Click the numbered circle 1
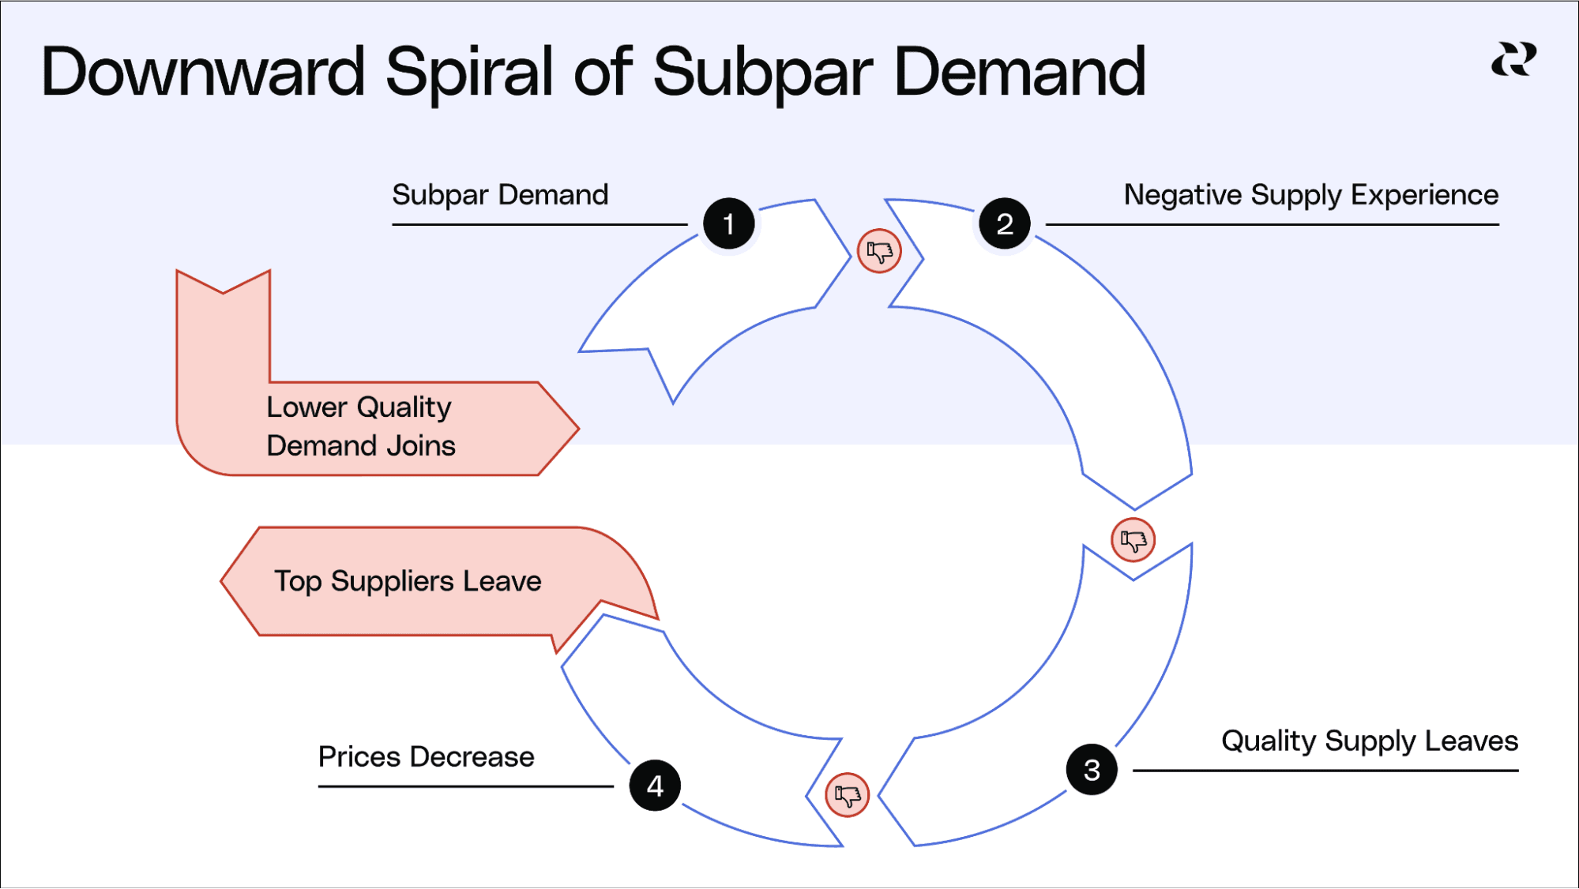click(x=728, y=224)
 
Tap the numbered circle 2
click(x=1004, y=224)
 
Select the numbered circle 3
click(x=1091, y=770)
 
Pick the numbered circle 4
click(x=655, y=786)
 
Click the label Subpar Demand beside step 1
click(x=500, y=195)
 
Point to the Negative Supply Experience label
click(x=1310, y=195)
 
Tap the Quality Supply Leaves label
click(x=1369, y=741)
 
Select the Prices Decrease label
click(x=426, y=757)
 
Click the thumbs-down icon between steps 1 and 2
click(x=879, y=252)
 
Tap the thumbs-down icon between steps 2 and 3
click(x=1133, y=541)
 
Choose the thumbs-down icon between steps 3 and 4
click(x=847, y=795)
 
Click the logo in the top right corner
click(x=1513, y=60)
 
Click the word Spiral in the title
click(x=470, y=73)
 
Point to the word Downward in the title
click(x=203, y=73)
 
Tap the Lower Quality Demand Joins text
click(x=360, y=426)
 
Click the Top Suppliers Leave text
click(x=408, y=582)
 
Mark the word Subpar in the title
click(x=763, y=73)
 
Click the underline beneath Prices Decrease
click(x=465, y=786)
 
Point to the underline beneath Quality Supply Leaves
click(x=1325, y=771)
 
